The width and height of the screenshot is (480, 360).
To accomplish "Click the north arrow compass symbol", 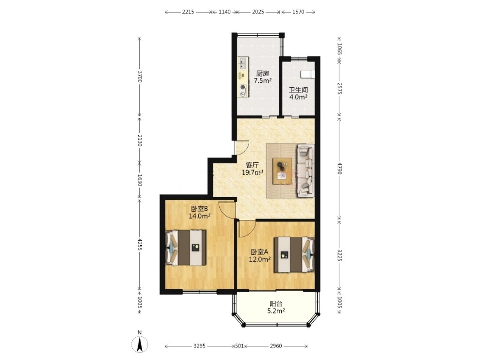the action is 140,344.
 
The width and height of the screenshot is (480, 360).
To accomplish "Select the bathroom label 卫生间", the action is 299,90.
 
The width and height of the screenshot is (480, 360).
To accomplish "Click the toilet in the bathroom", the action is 307,74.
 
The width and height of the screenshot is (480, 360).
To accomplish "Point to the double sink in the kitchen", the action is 243,63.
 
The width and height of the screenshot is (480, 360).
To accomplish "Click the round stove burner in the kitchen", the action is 243,87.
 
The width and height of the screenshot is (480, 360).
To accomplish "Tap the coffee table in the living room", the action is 282,171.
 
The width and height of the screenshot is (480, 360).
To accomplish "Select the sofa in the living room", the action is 305,170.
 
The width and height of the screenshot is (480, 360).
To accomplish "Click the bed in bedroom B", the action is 186,248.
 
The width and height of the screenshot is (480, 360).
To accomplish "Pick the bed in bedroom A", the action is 294,254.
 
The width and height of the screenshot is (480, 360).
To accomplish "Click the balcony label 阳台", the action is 276,304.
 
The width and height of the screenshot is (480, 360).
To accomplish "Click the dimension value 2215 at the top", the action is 188,12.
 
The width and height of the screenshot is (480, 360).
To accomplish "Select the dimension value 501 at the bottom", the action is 239,346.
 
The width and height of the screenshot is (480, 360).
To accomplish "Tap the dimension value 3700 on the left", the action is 140,77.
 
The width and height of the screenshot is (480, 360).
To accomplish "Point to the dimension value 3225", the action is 339,255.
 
